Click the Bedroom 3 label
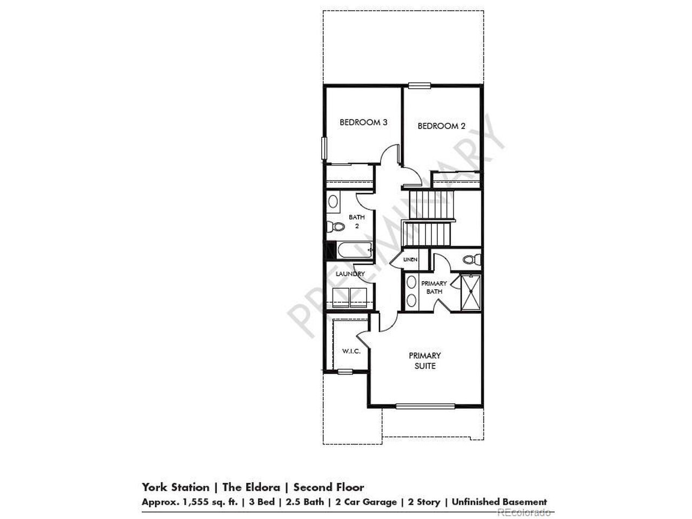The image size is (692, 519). click(x=363, y=122)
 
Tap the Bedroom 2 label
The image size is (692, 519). click(x=441, y=126)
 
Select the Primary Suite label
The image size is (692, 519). click(x=424, y=361)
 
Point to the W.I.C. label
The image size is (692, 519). click(x=351, y=351)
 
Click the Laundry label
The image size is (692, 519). click(x=350, y=274)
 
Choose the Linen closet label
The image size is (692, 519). click(x=410, y=259)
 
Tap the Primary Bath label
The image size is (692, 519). click(x=434, y=288)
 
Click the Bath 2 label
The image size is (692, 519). click(x=357, y=222)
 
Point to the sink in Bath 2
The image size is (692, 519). click(x=332, y=201)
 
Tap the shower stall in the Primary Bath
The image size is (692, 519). click(x=471, y=292)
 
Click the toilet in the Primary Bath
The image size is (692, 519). click(x=472, y=259)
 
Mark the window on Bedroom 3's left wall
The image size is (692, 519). click(x=324, y=148)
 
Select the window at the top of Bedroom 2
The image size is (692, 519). click(x=420, y=85)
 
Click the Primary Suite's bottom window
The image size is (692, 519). click(x=425, y=407)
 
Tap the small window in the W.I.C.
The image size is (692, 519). click(x=345, y=372)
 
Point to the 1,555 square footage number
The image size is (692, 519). click(x=193, y=502)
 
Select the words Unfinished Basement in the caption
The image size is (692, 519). click(x=500, y=502)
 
